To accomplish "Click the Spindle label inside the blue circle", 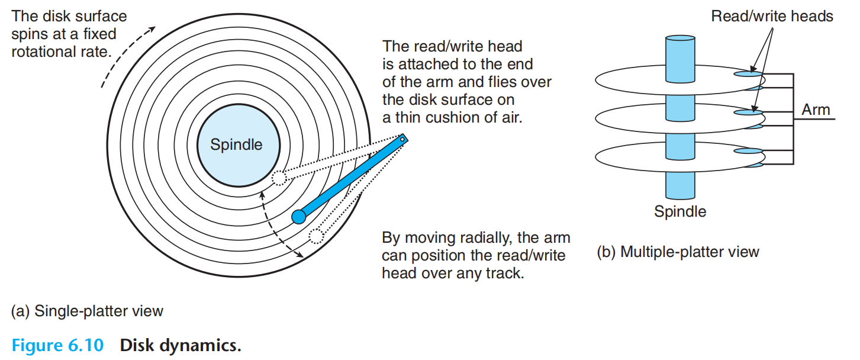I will [236, 144].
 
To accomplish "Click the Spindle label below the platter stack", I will [680, 211].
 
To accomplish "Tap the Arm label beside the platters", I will [816, 110].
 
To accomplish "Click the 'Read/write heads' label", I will [772, 17].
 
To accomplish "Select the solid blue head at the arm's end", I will [299, 217].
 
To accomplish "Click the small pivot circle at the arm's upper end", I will [402, 139].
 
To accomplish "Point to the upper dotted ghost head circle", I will [278, 178].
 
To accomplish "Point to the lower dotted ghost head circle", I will [316, 237].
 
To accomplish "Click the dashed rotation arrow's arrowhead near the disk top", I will [154, 28].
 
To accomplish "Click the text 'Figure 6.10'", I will [57, 345].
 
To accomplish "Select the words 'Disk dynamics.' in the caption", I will [181, 345].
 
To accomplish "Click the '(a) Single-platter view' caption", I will [87, 310].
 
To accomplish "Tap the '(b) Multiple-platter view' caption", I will [678, 252].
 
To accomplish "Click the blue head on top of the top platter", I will [746, 74].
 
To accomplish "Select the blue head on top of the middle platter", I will [746, 112].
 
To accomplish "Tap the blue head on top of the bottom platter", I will [746, 151].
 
